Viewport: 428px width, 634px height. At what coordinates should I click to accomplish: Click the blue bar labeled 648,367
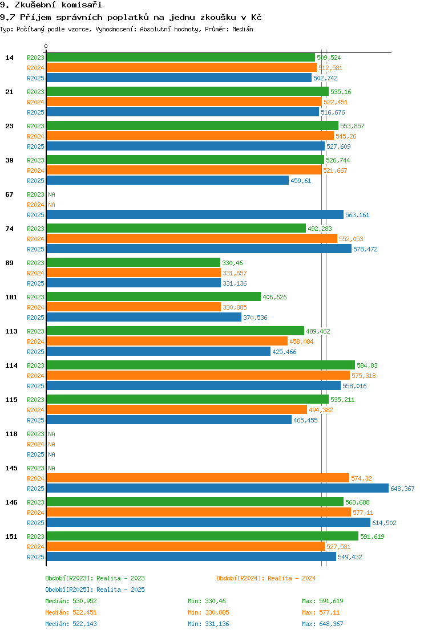coord(217,489)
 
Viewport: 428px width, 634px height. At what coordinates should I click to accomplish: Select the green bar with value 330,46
coord(134,263)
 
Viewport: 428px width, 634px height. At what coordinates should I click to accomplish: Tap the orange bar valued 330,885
coord(134,307)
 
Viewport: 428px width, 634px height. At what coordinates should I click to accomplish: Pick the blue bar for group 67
coord(195,215)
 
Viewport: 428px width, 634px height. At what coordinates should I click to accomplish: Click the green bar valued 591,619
coord(203,536)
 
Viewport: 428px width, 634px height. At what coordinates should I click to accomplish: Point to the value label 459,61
coord(301,181)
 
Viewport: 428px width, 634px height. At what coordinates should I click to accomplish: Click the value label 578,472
coord(365,249)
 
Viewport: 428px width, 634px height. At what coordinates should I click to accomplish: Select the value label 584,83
coord(367,365)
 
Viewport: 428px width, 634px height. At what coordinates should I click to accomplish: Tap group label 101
coord(11,297)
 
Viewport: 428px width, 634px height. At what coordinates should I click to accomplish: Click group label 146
coord(11,502)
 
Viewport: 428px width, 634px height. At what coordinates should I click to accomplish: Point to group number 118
coord(11,434)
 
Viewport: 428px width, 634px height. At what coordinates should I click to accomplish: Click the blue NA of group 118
coord(51,454)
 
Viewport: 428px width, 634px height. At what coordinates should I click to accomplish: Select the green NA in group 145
coord(51,468)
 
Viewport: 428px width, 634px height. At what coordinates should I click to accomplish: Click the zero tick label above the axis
coord(46,47)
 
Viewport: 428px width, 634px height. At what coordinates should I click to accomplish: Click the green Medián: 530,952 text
coord(71,601)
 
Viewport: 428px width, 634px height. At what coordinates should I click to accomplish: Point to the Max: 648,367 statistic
coord(322,624)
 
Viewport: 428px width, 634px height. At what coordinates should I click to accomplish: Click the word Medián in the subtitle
coord(243,29)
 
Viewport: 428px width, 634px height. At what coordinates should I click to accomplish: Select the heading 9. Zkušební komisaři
coord(51,5)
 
